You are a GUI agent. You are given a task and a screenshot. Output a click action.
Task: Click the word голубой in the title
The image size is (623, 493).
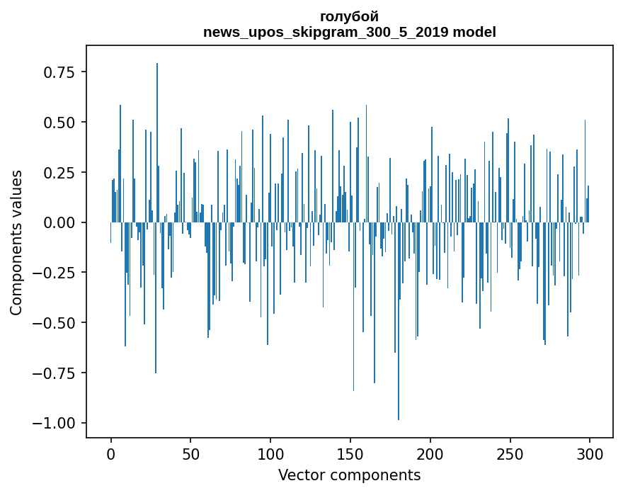coord(349,16)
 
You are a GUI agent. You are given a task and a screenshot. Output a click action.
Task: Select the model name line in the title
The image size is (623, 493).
coord(349,32)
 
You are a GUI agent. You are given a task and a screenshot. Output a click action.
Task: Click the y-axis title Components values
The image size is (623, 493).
coord(16,242)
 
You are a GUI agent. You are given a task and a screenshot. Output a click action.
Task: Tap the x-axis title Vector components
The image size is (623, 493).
coord(349,475)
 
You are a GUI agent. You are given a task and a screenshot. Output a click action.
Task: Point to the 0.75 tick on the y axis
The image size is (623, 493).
coord(60,72)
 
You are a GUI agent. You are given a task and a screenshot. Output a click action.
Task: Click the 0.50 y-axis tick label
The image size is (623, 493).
coord(60,123)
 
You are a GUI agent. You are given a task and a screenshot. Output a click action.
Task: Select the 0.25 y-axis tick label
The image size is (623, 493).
coord(60,173)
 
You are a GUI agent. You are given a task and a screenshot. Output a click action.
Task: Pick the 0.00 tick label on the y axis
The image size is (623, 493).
coord(60,222)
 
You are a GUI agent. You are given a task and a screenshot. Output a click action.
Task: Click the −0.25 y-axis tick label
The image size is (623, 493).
coord(56,273)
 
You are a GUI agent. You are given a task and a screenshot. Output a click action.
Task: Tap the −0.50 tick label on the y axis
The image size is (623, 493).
coord(56,323)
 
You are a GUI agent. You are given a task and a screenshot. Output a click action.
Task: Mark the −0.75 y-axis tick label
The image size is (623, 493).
coord(56,373)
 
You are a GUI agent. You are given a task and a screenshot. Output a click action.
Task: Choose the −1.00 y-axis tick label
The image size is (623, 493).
coord(56,423)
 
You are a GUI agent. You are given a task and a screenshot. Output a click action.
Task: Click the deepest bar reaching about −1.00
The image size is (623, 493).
coord(399,354)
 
